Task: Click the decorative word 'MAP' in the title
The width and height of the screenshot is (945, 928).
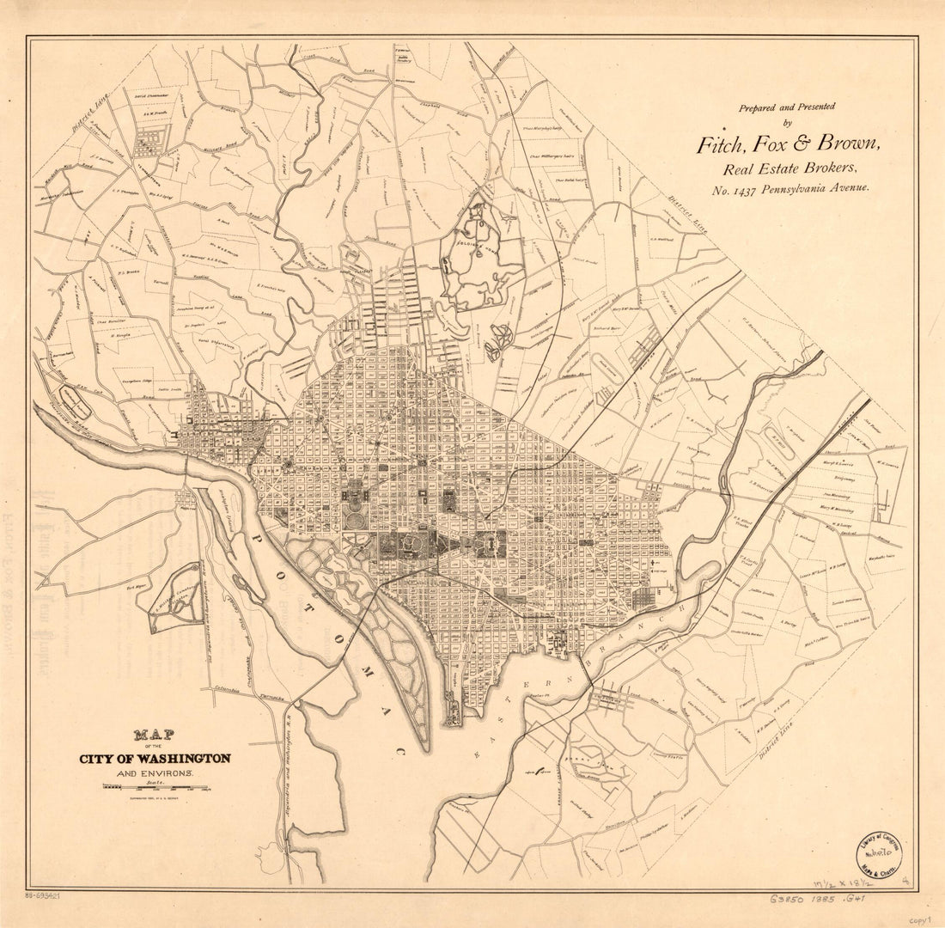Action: pos(154,736)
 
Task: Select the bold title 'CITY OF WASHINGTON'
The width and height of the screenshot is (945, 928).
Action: pos(155,759)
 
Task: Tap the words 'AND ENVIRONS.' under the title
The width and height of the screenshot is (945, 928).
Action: pos(155,774)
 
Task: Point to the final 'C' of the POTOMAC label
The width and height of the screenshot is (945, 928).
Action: pos(399,752)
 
